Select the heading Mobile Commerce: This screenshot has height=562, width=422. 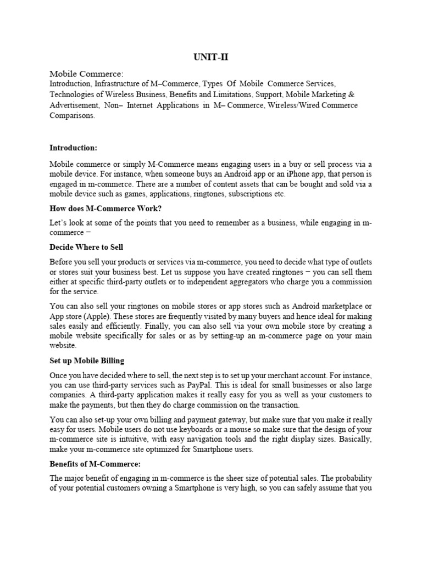pyautogui.click(x=87, y=74)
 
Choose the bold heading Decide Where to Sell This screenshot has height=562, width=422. pyautogui.click(x=90, y=247)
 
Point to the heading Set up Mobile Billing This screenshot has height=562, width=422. pyautogui.click(x=87, y=361)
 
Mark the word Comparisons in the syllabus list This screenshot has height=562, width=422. pyautogui.click(x=71, y=116)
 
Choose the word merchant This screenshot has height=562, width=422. pyautogui.click(x=271, y=375)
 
